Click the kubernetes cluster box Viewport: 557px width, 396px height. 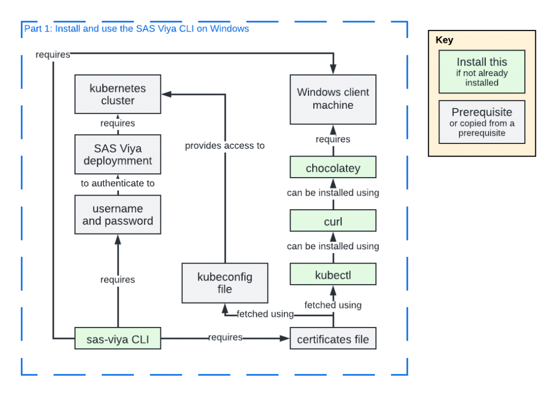click(x=117, y=94)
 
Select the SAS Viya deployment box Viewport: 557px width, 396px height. click(x=117, y=154)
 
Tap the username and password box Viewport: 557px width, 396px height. click(x=117, y=215)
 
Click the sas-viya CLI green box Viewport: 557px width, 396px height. click(x=117, y=339)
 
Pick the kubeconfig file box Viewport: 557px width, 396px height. click(x=225, y=283)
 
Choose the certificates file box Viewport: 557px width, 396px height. click(x=333, y=339)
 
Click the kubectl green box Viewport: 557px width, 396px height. click(x=333, y=275)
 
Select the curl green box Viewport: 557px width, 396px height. click(x=333, y=222)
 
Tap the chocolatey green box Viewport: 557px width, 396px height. click(x=333, y=168)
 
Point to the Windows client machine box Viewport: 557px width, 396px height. click(x=333, y=99)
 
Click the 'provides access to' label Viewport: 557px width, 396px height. click(x=225, y=146)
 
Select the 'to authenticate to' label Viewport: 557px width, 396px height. click(x=117, y=183)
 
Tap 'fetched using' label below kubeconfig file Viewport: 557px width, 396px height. click(x=265, y=315)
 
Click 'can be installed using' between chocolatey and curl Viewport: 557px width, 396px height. click(x=333, y=193)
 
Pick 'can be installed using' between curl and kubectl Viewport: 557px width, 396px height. click(x=333, y=247)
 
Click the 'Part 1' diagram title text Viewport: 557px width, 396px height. click(x=136, y=29)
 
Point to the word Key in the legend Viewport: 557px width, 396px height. click(x=444, y=40)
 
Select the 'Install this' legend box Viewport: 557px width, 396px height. click(x=481, y=72)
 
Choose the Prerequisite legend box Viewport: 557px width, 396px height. click(x=481, y=122)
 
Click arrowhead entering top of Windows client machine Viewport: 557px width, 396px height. click(x=333, y=70)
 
